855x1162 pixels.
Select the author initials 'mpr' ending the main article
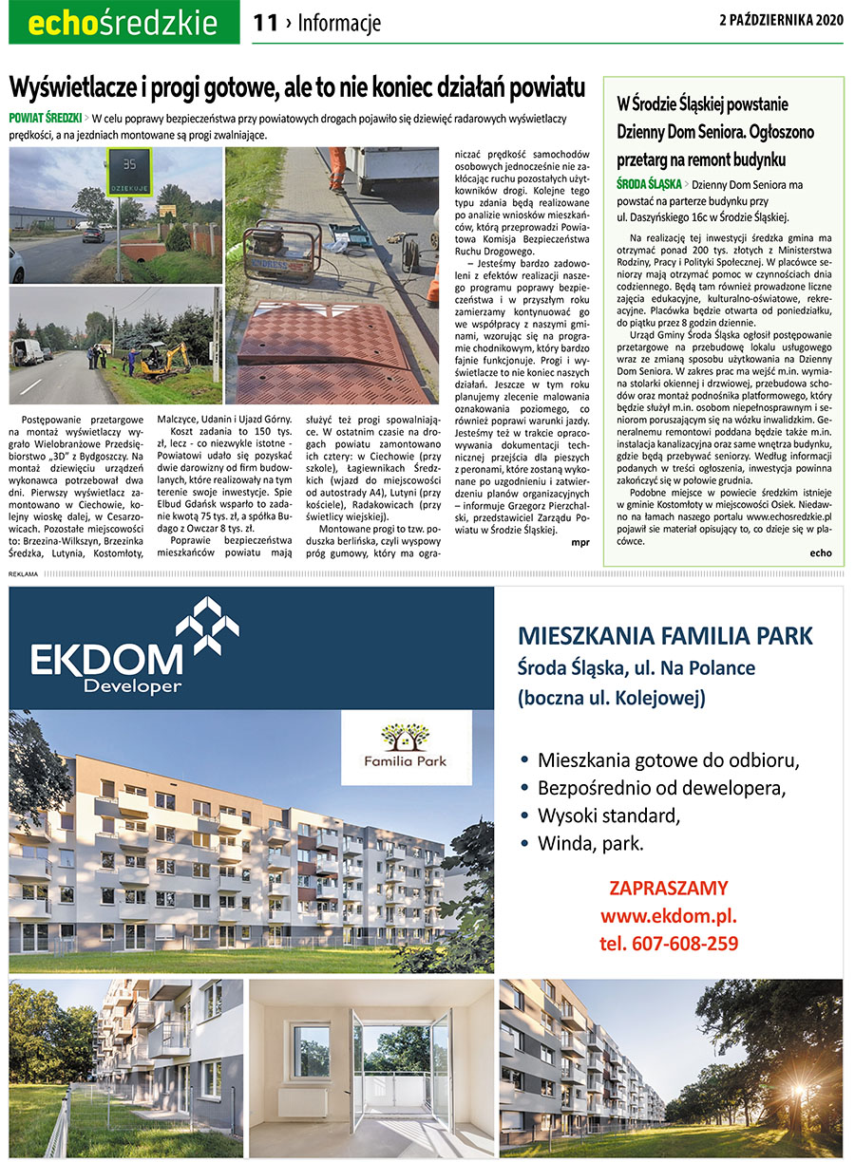pyautogui.click(x=579, y=543)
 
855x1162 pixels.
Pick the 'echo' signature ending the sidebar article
pyautogui.click(x=820, y=553)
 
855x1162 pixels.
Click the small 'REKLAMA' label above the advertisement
pyautogui.click(x=23, y=574)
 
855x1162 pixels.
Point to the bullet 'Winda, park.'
pyautogui.click(x=589, y=842)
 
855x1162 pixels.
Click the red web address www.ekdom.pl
pyautogui.click(x=668, y=916)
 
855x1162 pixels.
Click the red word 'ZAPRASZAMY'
pyautogui.click(x=669, y=889)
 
